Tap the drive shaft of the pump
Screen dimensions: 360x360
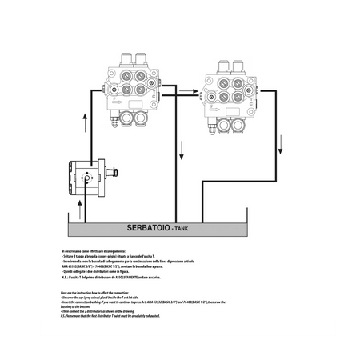tap(115, 171)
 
